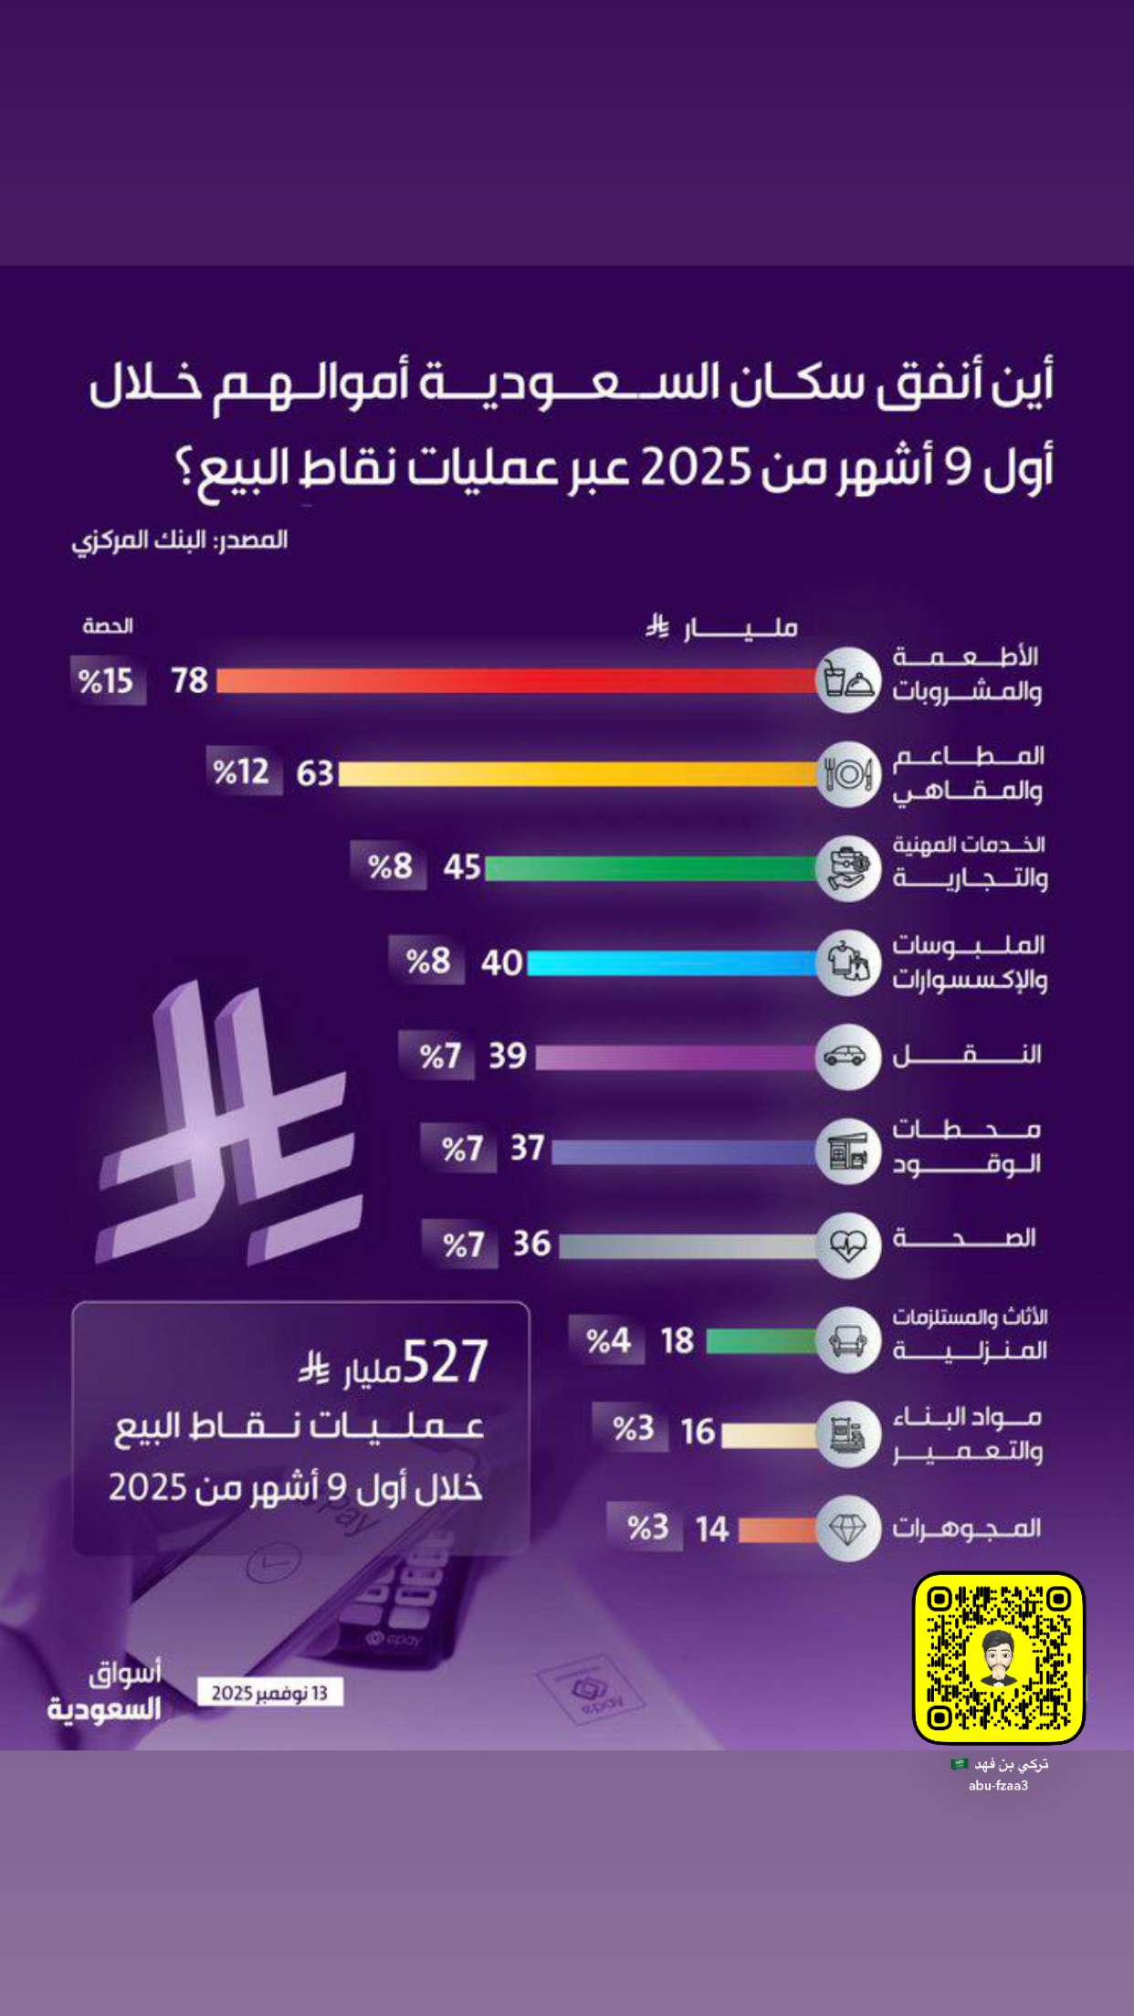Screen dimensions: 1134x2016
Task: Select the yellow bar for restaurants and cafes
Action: point(579,774)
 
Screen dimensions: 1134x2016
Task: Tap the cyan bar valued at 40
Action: point(673,962)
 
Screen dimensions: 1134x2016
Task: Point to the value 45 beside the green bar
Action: point(462,866)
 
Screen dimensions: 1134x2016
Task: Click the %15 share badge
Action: point(108,681)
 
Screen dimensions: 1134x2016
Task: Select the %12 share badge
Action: point(243,772)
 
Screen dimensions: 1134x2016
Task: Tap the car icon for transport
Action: point(847,1056)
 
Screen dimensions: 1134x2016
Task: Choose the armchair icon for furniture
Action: point(847,1340)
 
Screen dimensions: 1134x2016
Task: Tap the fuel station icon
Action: point(847,1151)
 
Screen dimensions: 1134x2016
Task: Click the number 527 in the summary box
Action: point(446,1362)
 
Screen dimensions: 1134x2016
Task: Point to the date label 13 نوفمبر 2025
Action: point(270,1693)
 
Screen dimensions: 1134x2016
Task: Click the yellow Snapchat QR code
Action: point(999,1658)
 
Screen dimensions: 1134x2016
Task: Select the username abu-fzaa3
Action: point(999,1785)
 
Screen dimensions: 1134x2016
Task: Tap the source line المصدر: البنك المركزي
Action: point(180,541)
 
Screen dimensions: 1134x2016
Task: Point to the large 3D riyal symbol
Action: point(228,1129)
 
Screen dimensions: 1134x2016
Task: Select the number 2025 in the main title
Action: point(696,468)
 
